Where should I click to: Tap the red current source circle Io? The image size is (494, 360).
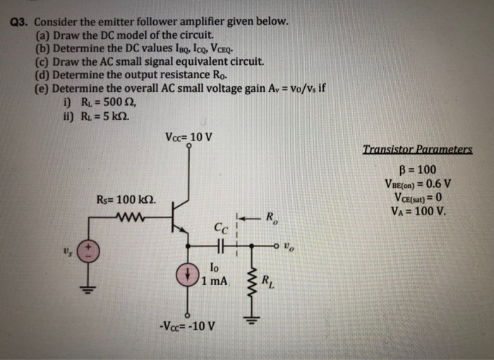188,275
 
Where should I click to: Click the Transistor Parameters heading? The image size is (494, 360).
417,150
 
